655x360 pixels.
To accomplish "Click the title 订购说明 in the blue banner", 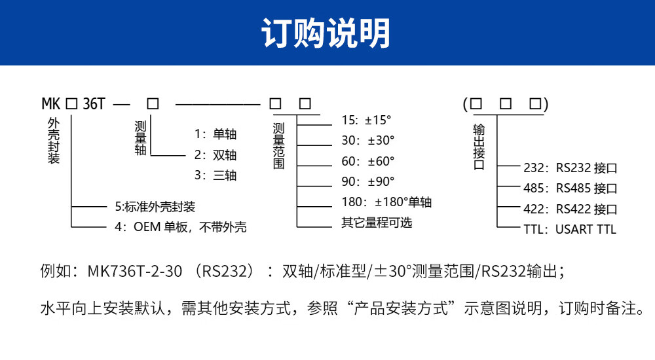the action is tap(326, 33).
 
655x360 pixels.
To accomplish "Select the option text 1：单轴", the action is tap(215, 134).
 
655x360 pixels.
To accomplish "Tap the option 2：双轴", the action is tap(215, 155).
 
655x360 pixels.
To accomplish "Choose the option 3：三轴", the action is tap(215, 175).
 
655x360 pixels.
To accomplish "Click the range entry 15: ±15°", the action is tap(365, 120).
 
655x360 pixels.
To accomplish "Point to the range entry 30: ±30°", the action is tap(368, 141).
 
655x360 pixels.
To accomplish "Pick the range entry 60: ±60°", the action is tap(368, 161).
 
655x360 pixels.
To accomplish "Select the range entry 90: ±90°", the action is tap(368, 181).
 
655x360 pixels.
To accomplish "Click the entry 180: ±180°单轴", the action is tap(386, 202).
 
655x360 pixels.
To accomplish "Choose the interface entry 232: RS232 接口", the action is tap(571, 168).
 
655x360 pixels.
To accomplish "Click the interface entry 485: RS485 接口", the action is tap(571, 189).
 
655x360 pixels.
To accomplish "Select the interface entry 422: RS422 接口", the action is tap(571, 209).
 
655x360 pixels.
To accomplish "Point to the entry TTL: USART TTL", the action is tap(570, 229).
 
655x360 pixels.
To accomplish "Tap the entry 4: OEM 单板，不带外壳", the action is tap(180, 227).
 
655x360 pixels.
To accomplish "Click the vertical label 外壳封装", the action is tap(54, 141).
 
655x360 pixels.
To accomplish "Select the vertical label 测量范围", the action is tap(279, 145).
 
